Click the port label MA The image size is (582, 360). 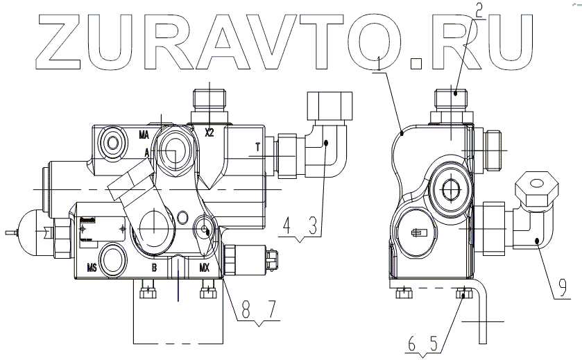144,134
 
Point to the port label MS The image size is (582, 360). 91,266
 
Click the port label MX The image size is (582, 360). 205,266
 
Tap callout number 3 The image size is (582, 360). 313,226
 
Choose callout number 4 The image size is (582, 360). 286,226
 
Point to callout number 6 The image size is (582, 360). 412,343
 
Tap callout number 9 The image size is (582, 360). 563,284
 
